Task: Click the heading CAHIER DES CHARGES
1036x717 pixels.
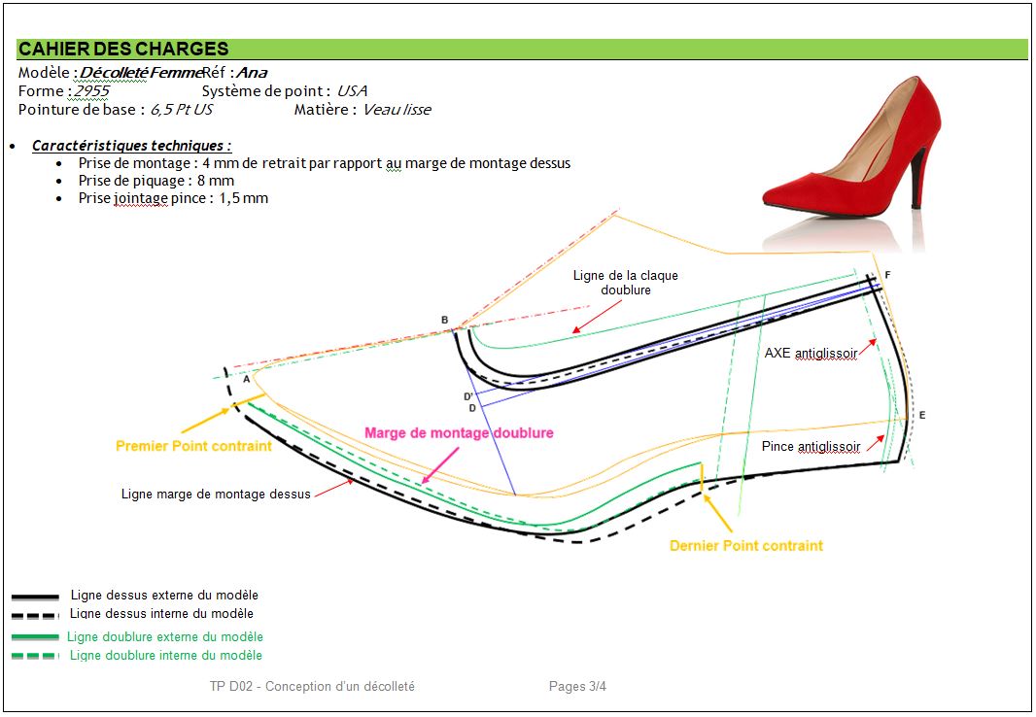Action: point(123,49)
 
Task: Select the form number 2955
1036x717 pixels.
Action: point(91,90)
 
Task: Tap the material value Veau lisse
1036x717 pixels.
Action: point(397,109)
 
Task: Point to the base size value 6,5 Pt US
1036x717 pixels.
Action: point(181,109)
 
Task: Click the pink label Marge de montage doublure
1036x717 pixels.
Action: point(459,432)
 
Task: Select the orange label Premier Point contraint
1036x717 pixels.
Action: point(193,446)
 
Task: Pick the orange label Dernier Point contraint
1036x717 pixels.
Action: point(745,546)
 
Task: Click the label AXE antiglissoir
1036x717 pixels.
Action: point(812,354)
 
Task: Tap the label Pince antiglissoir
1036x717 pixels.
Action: point(812,447)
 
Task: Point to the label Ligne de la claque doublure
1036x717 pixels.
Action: point(625,283)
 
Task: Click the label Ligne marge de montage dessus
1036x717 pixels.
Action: point(216,494)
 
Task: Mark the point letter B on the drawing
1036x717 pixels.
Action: point(445,320)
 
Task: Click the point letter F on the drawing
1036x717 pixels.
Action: point(887,275)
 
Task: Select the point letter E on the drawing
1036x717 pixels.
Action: point(922,415)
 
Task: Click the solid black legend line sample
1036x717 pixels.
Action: point(36,595)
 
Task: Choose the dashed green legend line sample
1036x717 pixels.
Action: point(36,656)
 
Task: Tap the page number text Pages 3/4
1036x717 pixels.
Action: point(577,686)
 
